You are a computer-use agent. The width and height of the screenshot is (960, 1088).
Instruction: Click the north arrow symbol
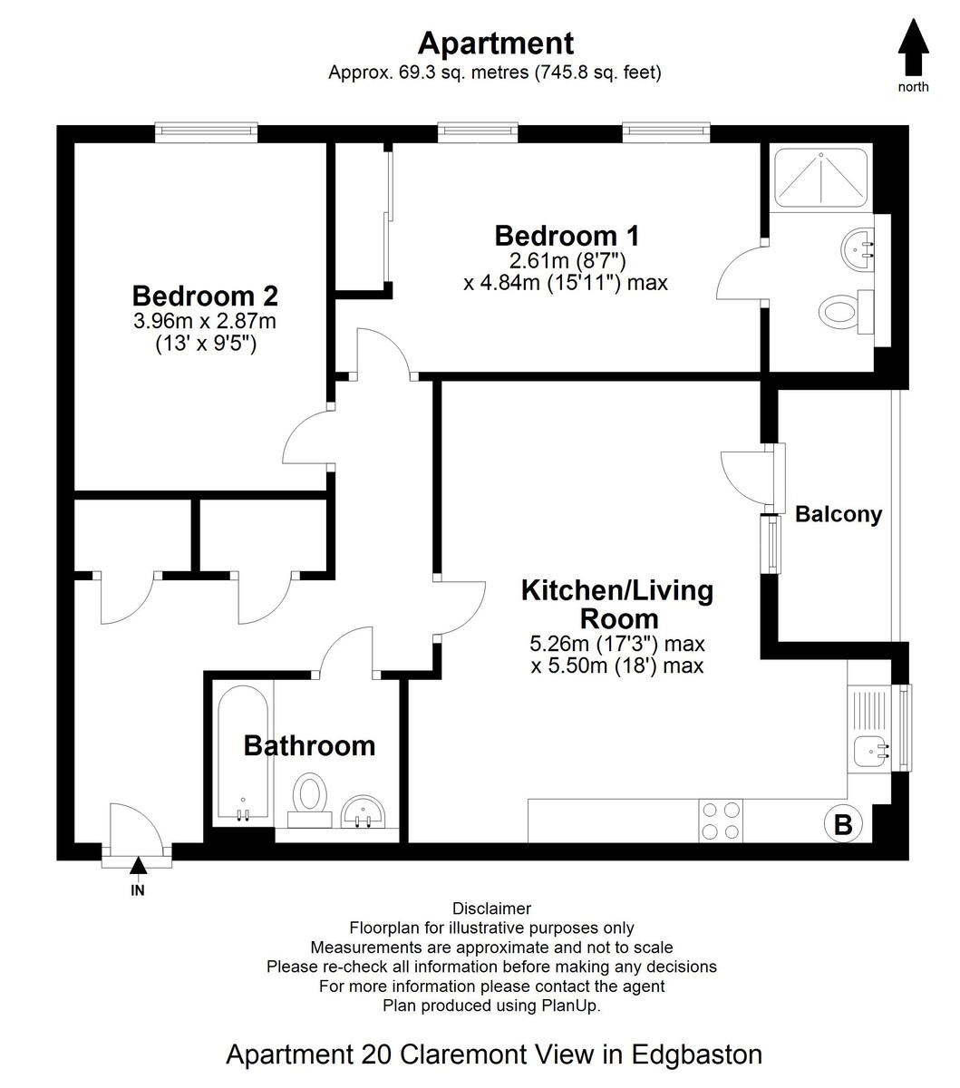click(x=913, y=47)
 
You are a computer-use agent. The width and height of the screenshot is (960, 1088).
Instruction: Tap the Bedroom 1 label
click(x=567, y=237)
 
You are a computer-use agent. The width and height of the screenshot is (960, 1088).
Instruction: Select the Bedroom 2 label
click(x=205, y=296)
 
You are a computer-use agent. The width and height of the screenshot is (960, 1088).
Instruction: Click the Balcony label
click(x=839, y=514)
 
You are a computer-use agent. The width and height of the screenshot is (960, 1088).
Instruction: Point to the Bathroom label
click(x=309, y=746)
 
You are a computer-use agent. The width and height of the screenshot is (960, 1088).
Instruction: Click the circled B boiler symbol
click(x=843, y=824)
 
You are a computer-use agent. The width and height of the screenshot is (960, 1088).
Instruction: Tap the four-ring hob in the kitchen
click(x=721, y=821)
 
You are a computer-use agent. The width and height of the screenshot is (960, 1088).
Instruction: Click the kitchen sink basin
click(x=871, y=751)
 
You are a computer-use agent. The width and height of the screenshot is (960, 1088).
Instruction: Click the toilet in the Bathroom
click(x=310, y=801)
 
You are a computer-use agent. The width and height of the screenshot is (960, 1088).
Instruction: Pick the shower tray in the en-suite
click(x=821, y=178)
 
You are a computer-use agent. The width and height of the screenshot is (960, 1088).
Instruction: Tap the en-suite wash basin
click(x=858, y=249)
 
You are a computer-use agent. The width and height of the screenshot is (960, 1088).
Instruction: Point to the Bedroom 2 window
click(x=206, y=132)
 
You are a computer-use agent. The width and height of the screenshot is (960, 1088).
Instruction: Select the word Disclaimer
click(x=492, y=908)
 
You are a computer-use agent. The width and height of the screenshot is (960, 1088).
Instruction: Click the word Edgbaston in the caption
click(x=697, y=1054)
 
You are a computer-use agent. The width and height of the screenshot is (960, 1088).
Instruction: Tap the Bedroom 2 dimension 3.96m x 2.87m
click(x=205, y=321)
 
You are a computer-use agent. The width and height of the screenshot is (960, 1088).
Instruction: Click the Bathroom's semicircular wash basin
click(x=363, y=812)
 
